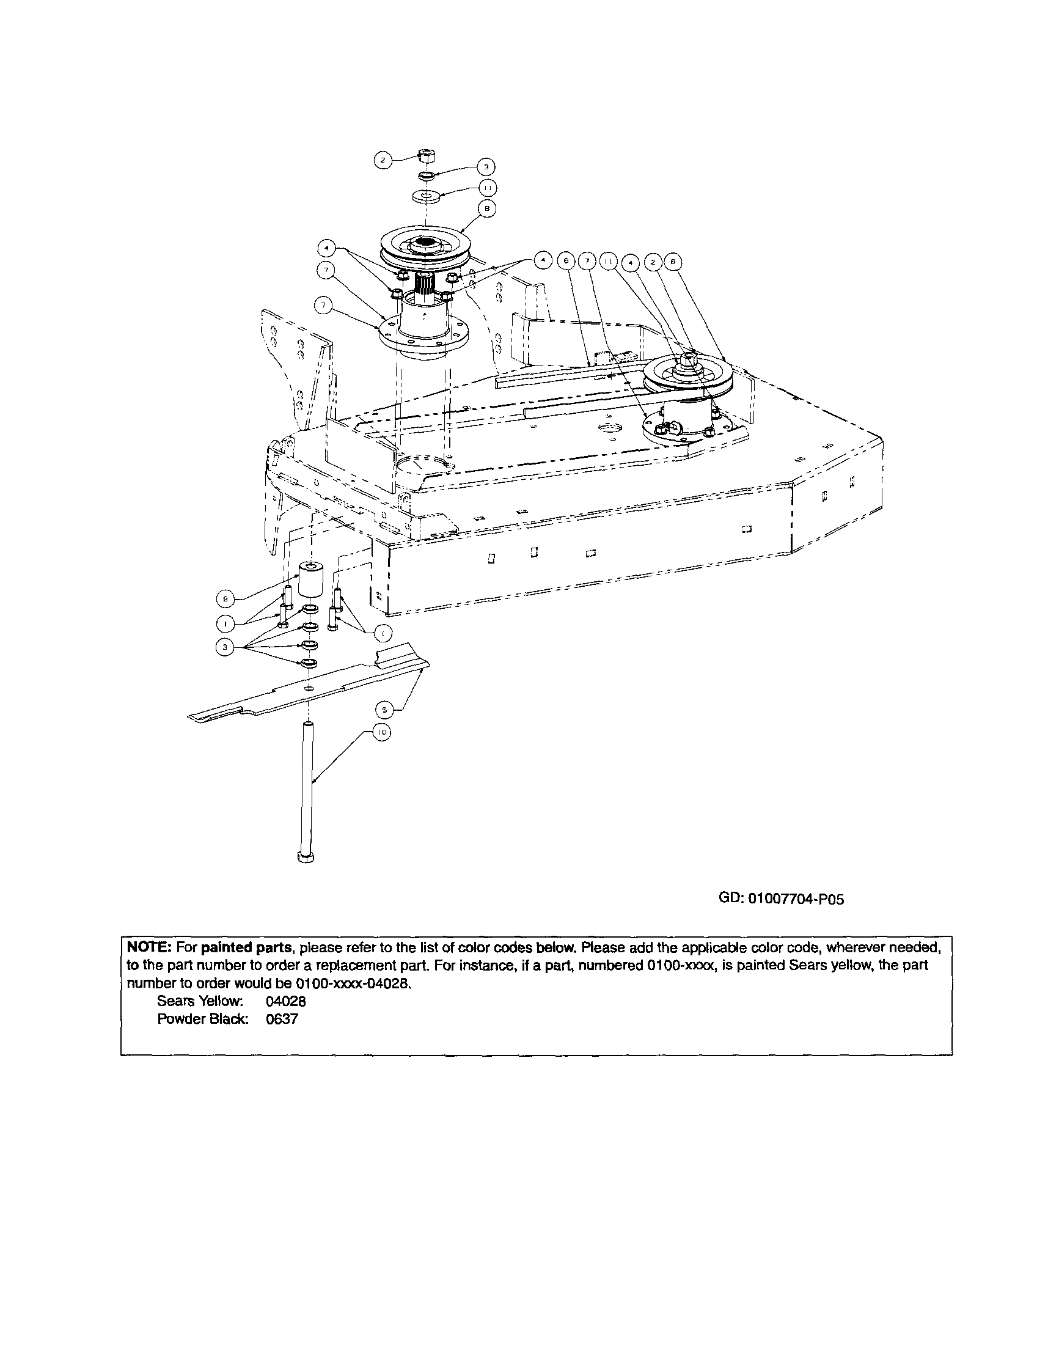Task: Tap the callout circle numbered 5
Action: [x=384, y=710]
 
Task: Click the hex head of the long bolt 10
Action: [x=306, y=857]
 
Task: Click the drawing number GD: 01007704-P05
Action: [x=782, y=899]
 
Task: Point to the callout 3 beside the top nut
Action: [x=486, y=167]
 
